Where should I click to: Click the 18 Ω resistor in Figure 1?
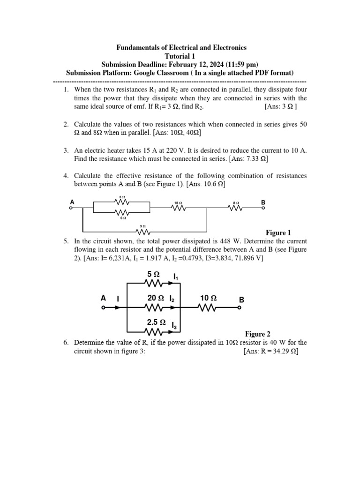point(179,208)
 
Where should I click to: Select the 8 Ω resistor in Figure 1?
point(235,208)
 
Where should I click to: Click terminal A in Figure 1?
point(71,208)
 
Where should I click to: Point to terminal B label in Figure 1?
point(263,202)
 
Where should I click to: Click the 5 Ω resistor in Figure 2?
point(154,284)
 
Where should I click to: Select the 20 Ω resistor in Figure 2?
point(154,308)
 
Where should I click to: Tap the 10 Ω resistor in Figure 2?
point(207,308)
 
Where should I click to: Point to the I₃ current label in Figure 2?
point(174,325)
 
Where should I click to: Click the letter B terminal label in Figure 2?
point(241,300)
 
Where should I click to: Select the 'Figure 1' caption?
point(278,232)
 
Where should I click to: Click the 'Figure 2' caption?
point(258,334)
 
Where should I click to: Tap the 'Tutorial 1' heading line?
point(180,56)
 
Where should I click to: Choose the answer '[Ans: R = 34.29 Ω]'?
point(271,351)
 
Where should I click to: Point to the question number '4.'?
point(67,176)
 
